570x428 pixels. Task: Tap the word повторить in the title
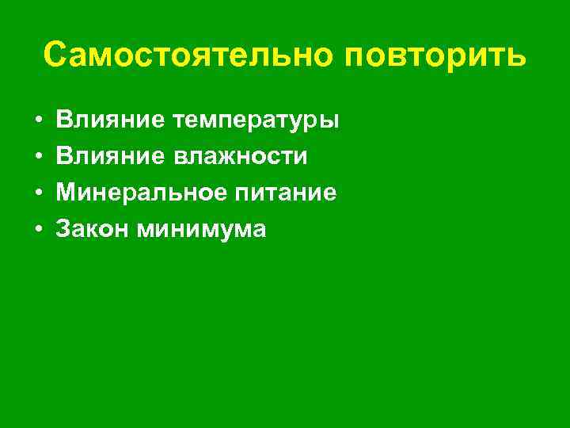[x=436, y=56]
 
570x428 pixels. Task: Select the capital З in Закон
[x=63, y=229]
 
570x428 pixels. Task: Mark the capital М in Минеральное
[x=66, y=193]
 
